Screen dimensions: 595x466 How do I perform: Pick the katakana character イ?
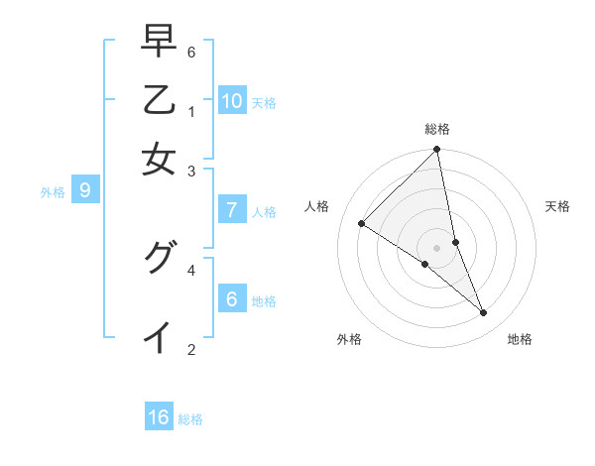(159, 336)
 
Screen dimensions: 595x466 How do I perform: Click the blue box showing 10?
(232, 100)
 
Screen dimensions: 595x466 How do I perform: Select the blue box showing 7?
(232, 209)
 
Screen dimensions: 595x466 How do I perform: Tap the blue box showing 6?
(232, 298)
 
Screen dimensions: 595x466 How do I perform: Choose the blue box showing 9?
(85, 190)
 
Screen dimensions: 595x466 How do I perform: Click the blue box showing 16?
(159, 417)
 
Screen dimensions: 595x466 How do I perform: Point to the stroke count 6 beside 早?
(191, 51)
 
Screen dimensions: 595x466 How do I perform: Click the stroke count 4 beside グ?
(191, 269)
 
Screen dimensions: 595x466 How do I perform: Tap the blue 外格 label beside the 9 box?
(53, 192)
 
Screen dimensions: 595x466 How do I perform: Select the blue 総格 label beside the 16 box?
(190, 419)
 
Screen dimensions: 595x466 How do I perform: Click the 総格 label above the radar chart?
(437, 129)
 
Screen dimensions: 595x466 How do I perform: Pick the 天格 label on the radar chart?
(558, 206)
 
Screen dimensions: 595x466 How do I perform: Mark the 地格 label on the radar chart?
(520, 339)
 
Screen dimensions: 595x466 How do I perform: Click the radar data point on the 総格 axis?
(437, 150)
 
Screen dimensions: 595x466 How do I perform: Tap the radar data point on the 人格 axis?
(362, 224)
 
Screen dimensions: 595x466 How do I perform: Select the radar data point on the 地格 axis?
(484, 313)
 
